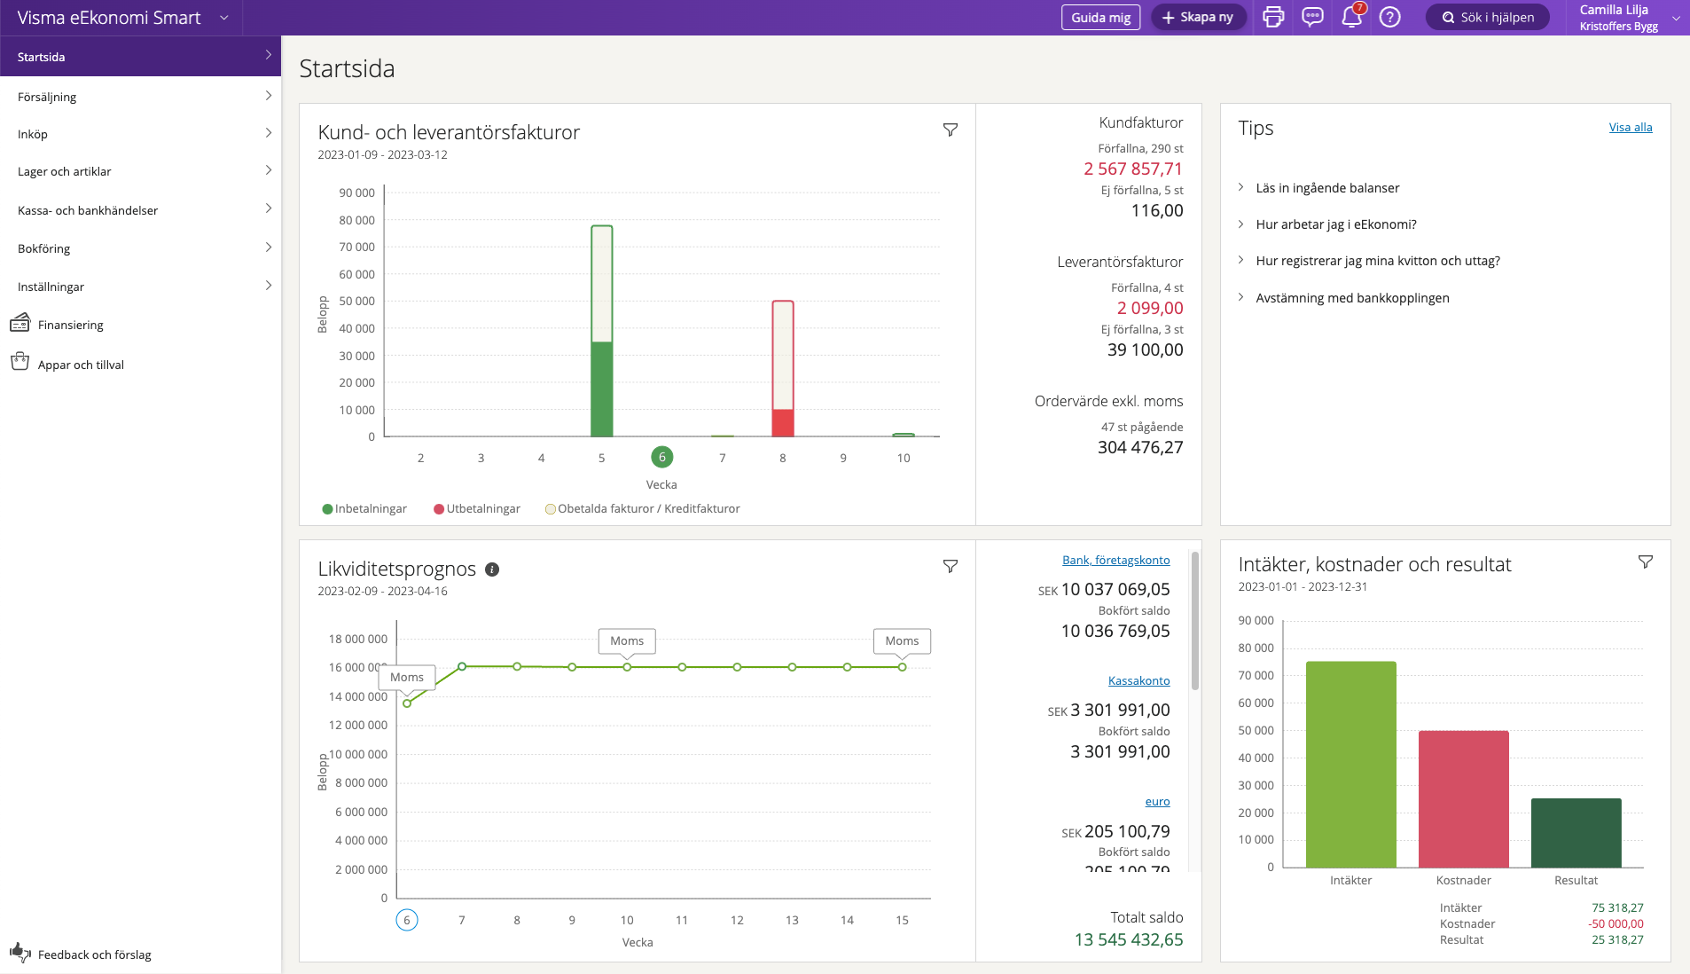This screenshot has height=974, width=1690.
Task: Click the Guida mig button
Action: [1100, 17]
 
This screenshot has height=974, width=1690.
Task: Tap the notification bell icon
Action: [1351, 17]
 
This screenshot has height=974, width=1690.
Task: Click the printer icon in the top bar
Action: [1273, 17]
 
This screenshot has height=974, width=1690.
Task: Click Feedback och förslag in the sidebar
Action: [94, 954]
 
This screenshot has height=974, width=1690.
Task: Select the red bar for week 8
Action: [782, 422]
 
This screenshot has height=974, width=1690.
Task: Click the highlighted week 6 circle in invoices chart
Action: [661, 457]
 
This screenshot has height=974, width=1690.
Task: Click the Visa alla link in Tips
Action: [1630, 128]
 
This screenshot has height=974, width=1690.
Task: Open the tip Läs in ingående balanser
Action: [1327, 188]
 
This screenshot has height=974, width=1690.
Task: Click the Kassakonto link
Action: [1138, 681]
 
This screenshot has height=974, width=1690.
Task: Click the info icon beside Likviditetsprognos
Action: [492, 569]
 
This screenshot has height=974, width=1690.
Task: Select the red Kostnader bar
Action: [1463, 798]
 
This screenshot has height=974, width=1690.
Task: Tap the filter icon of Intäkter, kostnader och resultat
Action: [1645, 562]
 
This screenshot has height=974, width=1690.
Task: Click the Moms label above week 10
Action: [627, 640]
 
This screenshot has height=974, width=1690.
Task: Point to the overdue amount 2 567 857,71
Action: [1132, 169]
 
